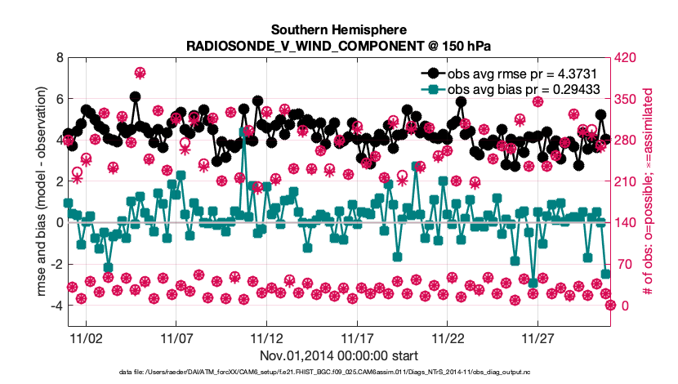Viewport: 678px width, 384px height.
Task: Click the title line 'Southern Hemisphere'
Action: click(339, 29)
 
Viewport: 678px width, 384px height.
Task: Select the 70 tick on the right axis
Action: click(622, 264)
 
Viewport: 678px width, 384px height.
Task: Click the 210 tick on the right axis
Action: click(625, 181)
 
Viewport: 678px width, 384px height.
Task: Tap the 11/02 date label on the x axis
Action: click(86, 337)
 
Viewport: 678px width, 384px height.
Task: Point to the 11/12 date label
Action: click(266, 337)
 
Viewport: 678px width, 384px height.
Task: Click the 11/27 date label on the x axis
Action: click(537, 337)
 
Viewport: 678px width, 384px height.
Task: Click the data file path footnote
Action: click(339, 373)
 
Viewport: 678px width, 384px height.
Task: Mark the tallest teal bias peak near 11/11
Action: click(244, 131)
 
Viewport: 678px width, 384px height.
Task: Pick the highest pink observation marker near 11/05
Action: click(140, 74)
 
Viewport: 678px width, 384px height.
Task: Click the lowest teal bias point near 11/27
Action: click(533, 283)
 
